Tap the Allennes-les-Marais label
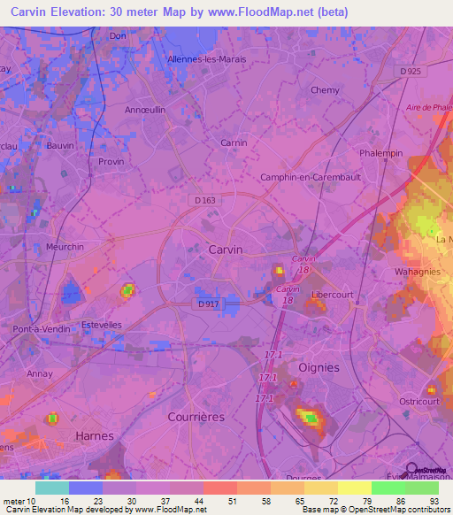(x=206, y=59)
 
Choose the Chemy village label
(x=325, y=90)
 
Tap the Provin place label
(x=111, y=162)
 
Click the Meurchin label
(x=65, y=247)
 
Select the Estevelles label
(x=101, y=325)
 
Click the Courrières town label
(x=196, y=416)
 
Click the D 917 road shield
(x=209, y=304)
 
